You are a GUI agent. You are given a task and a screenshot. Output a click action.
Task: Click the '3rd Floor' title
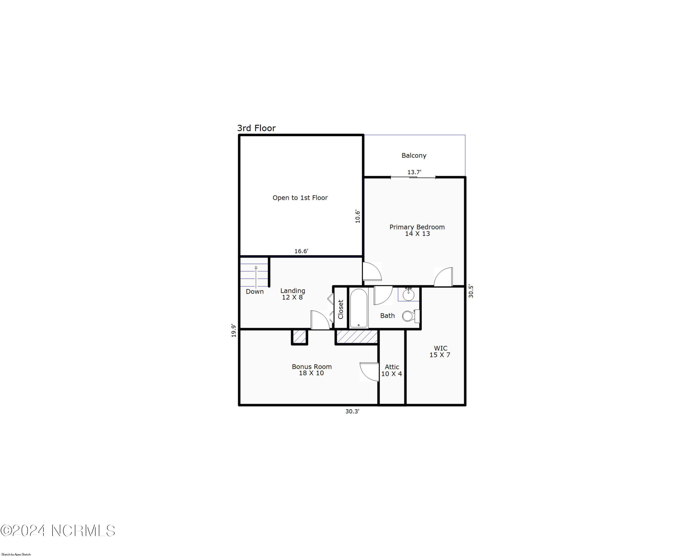click(256, 128)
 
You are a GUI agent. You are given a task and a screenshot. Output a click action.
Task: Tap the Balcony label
click(414, 155)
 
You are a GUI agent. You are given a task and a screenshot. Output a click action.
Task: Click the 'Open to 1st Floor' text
click(300, 197)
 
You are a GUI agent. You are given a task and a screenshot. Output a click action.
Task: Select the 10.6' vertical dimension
click(358, 216)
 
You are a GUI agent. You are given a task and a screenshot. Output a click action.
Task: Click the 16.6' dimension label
click(301, 251)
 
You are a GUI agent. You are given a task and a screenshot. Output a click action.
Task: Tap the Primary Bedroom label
click(417, 230)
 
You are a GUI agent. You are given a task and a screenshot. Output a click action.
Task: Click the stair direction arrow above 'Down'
click(256, 277)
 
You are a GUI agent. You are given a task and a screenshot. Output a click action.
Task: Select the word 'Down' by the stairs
click(255, 292)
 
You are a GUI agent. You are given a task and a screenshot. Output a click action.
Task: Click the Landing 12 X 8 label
click(293, 294)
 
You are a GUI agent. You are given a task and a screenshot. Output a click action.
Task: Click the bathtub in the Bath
click(359, 308)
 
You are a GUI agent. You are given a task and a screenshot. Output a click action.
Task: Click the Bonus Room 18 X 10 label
click(312, 370)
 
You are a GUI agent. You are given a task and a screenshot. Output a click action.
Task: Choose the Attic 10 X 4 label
click(391, 370)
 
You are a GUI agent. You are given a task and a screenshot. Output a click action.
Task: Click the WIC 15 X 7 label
click(440, 351)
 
